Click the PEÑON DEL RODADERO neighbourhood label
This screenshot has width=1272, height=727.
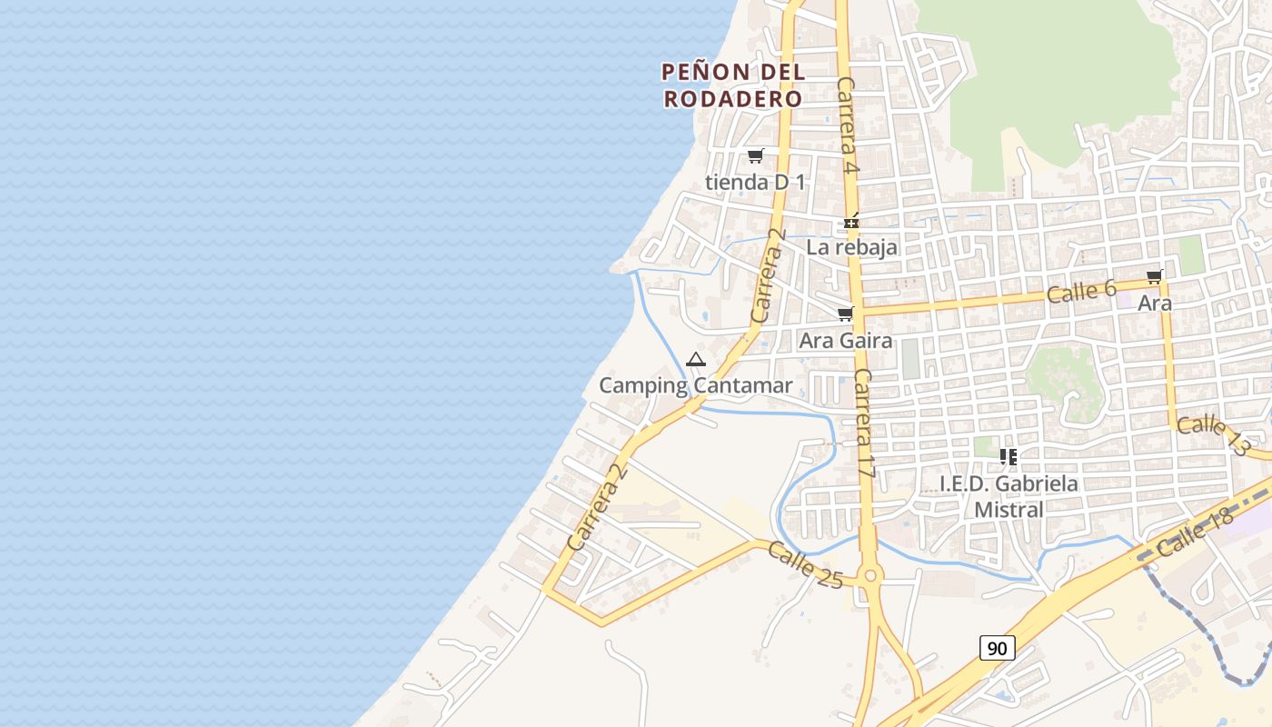pyautogui.click(x=733, y=85)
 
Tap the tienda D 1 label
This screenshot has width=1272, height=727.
pyautogui.click(x=755, y=182)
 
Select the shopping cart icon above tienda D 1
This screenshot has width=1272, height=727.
pyautogui.click(x=755, y=155)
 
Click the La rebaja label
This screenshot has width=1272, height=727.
pyautogui.click(x=851, y=246)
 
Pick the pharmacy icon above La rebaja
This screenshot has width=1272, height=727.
pyautogui.click(x=851, y=221)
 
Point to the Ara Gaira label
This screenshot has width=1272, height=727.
pyautogui.click(x=845, y=341)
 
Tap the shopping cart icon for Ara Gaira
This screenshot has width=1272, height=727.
pyautogui.click(x=845, y=314)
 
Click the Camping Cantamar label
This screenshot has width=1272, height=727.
pyautogui.click(x=695, y=385)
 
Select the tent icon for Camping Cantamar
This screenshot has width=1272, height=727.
pyautogui.click(x=696, y=360)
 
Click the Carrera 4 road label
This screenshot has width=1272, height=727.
pyautogui.click(x=849, y=125)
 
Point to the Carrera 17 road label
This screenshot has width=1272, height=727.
pyautogui.click(x=864, y=423)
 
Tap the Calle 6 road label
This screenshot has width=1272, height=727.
pyautogui.click(x=1080, y=292)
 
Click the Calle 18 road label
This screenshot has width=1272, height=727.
pyautogui.click(x=1196, y=533)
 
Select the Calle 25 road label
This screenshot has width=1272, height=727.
pyautogui.click(x=805, y=564)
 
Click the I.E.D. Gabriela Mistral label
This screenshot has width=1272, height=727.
pyautogui.click(x=1009, y=496)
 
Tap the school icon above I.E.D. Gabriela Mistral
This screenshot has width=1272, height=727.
pyautogui.click(x=1008, y=456)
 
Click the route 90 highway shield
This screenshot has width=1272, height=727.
pyautogui.click(x=997, y=648)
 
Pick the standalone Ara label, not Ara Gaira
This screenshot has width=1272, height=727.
pyautogui.click(x=1155, y=304)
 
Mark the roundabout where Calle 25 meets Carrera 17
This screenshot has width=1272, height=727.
pyautogui.click(x=870, y=575)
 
